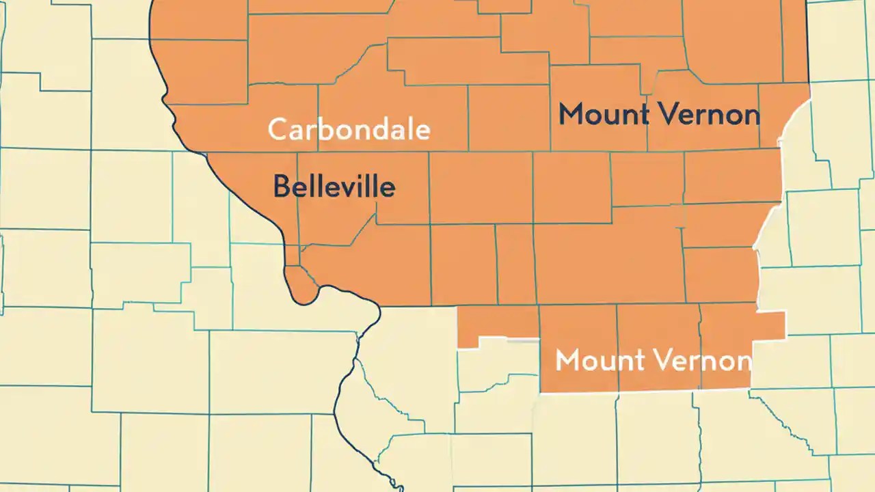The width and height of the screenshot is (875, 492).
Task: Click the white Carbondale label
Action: (x=349, y=129)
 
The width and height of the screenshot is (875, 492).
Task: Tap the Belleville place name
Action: (x=334, y=187)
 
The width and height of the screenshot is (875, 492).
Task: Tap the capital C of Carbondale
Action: (x=278, y=129)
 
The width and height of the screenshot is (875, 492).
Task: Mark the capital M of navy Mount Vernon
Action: (x=571, y=114)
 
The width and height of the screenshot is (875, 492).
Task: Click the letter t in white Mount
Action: (x=636, y=360)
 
